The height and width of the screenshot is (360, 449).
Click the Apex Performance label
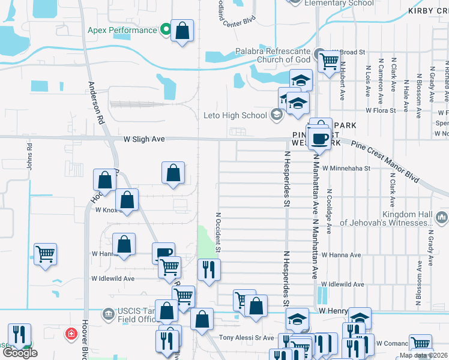pos(122,30)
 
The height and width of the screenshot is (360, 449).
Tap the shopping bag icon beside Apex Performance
pos(182,31)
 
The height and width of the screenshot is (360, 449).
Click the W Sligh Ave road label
pos(144,139)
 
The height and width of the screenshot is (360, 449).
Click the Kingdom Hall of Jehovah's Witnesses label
pos(385,218)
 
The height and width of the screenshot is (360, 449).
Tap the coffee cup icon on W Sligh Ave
pos(319,139)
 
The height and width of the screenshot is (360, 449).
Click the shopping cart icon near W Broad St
pos(328,61)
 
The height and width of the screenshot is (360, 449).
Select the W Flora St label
pos(381,110)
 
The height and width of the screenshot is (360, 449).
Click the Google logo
pos(20,353)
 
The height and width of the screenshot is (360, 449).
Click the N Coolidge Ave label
pos(329,212)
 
